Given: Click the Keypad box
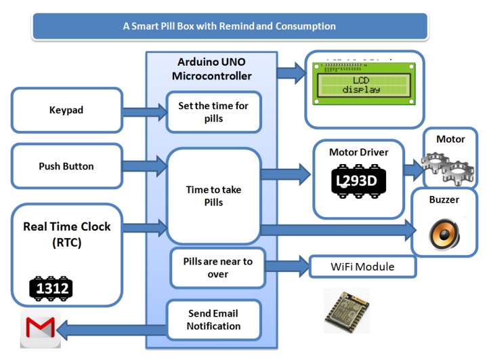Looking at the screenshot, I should [x=66, y=110].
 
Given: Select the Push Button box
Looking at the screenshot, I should [x=66, y=166].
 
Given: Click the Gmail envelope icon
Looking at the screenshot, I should [x=40, y=331].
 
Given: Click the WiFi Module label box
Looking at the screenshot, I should [x=362, y=266].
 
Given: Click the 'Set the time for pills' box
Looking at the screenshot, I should [x=213, y=112].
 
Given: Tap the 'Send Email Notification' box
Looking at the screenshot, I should [x=213, y=320].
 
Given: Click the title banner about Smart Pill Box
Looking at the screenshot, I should [x=229, y=26].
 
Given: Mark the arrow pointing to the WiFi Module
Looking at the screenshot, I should [x=287, y=265].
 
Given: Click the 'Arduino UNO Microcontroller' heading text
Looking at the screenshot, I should [x=211, y=68].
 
